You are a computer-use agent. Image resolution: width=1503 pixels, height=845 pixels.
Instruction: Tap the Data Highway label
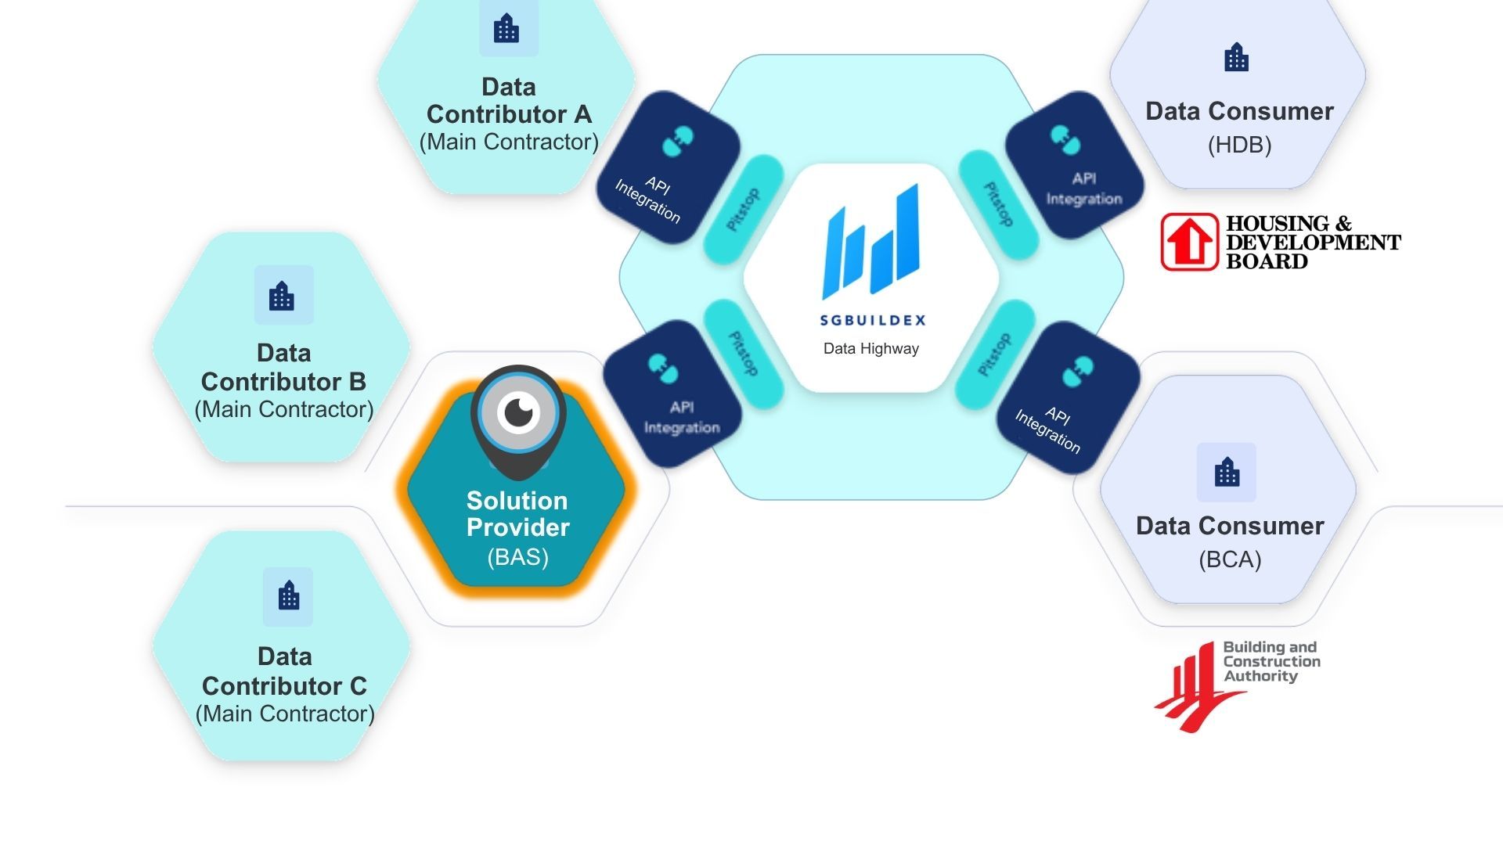pyautogui.click(x=870, y=349)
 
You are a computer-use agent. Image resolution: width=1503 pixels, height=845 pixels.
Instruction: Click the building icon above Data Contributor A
pyautogui.click(x=506, y=30)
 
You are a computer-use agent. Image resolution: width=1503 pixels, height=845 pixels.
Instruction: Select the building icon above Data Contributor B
pyautogui.click(x=283, y=296)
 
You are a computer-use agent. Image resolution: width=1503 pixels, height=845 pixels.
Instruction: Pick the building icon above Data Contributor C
pyautogui.click(x=288, y=597)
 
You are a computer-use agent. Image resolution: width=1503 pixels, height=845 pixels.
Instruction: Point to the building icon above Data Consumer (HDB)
pyautogui.click(x=1237, y=58)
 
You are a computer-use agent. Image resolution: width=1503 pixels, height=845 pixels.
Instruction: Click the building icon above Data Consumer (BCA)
pyautogui.click(x=1227, y=473)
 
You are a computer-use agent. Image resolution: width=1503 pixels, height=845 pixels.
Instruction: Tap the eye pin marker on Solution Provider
pyautogui.click(x=518, y=413)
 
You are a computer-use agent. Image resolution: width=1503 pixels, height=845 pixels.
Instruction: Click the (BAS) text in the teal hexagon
pyautogui.click(x=517, y=557)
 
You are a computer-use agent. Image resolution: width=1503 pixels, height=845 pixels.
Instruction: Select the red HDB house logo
pyautogui.click(x=1189, y=242)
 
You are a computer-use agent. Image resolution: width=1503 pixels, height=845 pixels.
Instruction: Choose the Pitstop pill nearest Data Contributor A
pyautogui.click(x=743, y=209)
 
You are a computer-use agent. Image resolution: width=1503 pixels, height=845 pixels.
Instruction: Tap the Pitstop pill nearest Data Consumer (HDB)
pyautogui.click(x=998, y=205)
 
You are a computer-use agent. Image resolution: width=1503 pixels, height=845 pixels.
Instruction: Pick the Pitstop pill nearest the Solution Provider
pyautogui.click(x=743, y=354)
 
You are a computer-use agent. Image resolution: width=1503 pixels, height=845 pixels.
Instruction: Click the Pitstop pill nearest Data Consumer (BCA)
pyautogui.click(x=995, y=354)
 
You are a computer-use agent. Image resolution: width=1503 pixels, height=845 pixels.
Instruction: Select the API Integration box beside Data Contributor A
pyautogui.click(x=668, y=167)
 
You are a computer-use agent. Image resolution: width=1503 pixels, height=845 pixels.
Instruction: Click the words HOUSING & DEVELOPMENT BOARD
pyautogui.click(x=1313, y=243)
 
